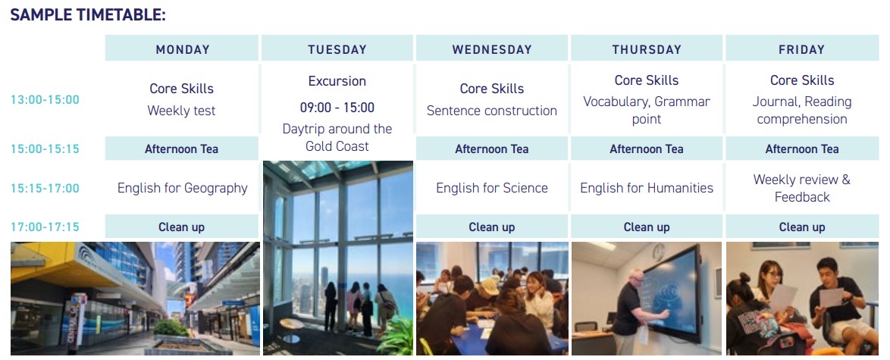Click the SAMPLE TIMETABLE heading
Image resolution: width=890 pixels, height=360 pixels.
tap(88, 15)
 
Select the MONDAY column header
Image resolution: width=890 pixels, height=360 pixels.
tap(182, 49)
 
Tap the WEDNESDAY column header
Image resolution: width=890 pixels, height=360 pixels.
tap(492, 49)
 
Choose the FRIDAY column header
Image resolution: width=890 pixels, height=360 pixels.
tap(802, 49)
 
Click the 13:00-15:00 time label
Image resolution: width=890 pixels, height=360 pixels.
tap(45, 100)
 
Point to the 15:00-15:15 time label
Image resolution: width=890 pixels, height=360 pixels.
tap(45, 149)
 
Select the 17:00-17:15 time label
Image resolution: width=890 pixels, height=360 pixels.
tap(45, 227)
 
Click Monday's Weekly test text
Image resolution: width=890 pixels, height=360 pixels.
tap(182, 111)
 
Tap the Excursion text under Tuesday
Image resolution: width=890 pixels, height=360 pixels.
tap(337, 81)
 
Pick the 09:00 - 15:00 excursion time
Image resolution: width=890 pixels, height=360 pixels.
tap(337, 108)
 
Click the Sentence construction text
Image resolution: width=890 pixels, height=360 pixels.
tap(492, 111)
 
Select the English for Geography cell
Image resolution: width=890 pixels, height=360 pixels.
tap(182, 188)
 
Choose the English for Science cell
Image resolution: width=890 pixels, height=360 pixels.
tap(492, 188)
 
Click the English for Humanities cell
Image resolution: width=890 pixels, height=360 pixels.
tap(647, 188)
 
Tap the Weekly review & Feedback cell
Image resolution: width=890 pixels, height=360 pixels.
tap(802, 188)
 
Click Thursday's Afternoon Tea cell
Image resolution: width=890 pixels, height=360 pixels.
tap(647, 149)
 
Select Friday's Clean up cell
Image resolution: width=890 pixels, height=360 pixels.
tap(802, 227)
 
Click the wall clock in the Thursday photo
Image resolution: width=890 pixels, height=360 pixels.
tap(659, 252)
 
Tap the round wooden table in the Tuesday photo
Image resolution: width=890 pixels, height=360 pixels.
tap(292, 324)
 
